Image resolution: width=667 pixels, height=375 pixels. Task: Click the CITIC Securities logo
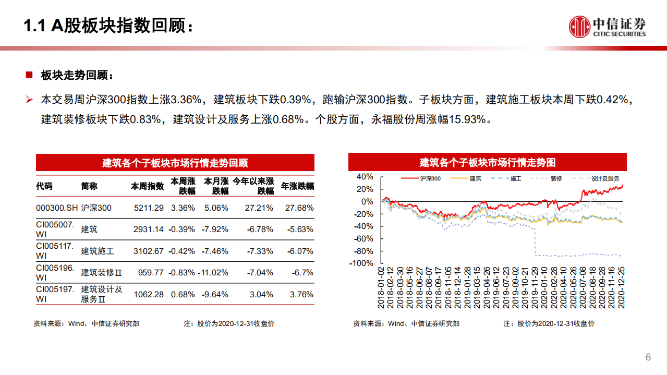click(x=607, y=27)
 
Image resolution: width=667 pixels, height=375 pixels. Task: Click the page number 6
click(x=648, y=357)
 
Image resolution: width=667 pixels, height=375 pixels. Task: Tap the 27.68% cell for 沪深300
click(x=299, y=208)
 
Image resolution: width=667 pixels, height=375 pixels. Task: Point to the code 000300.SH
click(x=57, y=208)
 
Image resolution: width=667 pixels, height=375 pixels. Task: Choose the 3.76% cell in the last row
click(x=302, y=294)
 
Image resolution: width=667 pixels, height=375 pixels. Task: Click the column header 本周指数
click(x=147, y=186)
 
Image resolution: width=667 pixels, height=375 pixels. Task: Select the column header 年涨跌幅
click(x=298, y=186)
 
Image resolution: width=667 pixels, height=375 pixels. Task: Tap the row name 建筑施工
click(x=98, y=251)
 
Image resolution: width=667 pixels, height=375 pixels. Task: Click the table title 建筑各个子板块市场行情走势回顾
click(x=175, y=163)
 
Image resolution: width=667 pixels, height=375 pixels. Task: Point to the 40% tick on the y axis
click(x=365, y=176)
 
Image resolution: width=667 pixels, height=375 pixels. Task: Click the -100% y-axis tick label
click(x=361, y=263)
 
